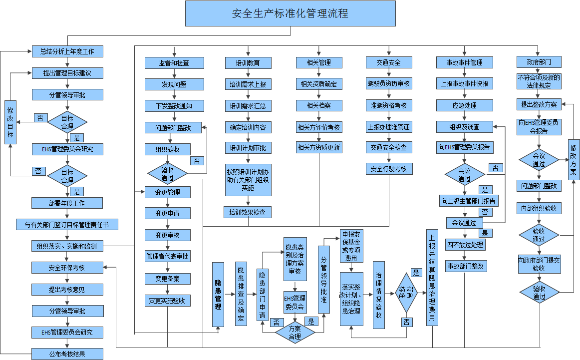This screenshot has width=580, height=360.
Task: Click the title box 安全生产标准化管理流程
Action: point(290,13)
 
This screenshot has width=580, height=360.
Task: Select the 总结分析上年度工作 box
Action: point(67,51)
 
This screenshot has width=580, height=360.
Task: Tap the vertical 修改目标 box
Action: point(11,122)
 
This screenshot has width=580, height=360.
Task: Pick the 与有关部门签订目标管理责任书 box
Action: point(67,225)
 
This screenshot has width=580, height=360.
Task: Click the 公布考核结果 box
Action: point(67,354)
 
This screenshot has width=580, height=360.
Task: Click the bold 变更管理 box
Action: point(168,192)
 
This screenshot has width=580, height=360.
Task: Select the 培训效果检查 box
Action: point(248,212)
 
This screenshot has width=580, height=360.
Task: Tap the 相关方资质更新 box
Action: point(318,147)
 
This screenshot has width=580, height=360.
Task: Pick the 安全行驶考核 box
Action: point(388,169)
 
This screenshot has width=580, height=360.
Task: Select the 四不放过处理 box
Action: point(465,245)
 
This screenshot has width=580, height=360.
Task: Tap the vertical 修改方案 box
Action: point(573,160)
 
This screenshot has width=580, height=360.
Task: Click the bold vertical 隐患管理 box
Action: point(218,295)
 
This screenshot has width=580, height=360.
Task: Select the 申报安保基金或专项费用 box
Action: point(351,246)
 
